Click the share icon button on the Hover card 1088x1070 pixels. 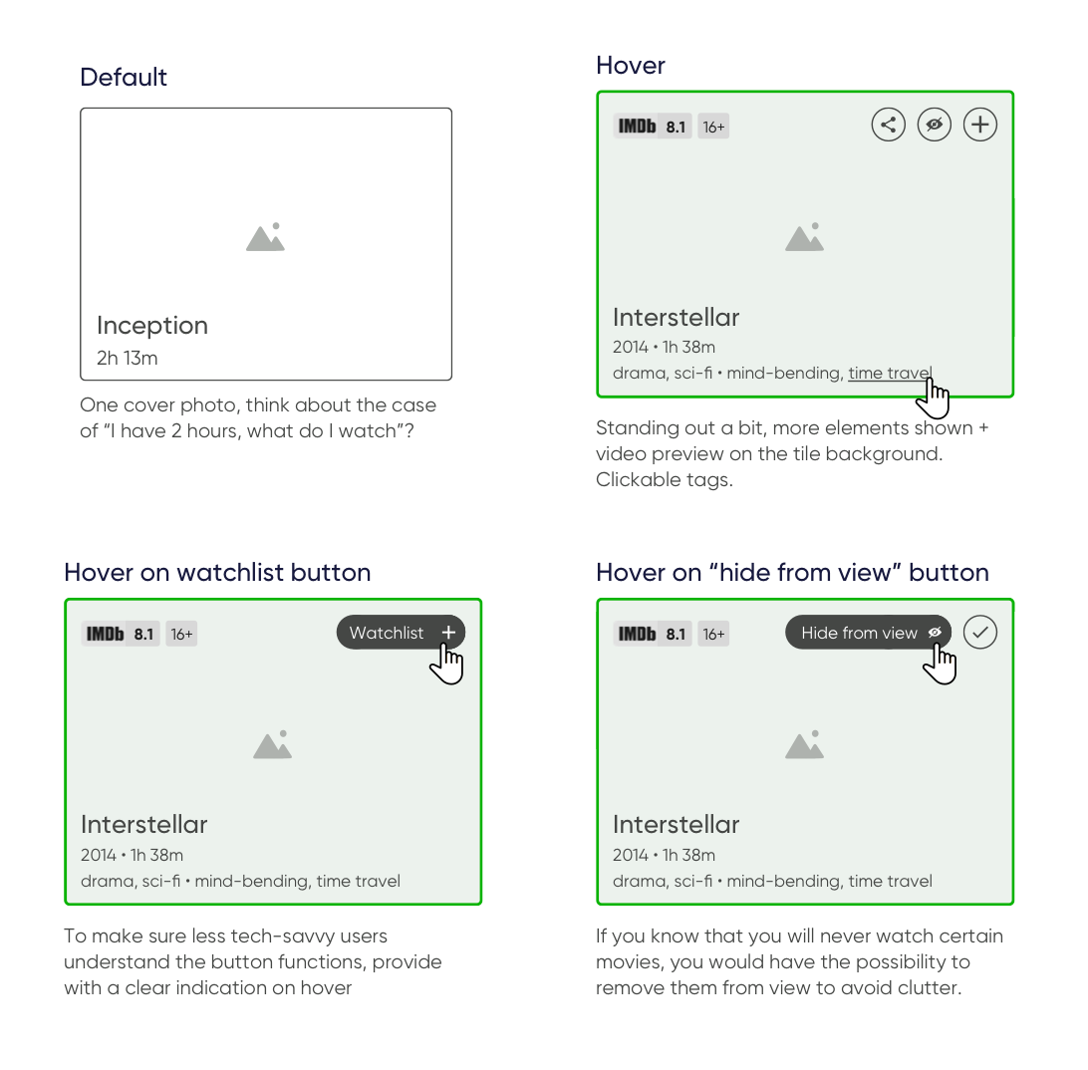pyautogui.click(x=888, y=125)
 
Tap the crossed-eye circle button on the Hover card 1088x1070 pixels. pyautogui.click(x=934, y=125)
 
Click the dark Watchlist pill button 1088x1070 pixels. pyautogui.click(x=402, y=633)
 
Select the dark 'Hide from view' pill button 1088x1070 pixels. pyautogui.click(x=868, y=633)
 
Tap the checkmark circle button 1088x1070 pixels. pyautogui.click(x=979, y=633)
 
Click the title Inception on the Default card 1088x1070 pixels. pyautogui.click(x=152, y=326)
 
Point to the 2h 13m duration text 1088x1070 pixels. pyautogui.click(x=127, y=358)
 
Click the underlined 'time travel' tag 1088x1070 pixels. pyautogui.click(x=890, y=374)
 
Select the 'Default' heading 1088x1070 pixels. pyautogui.click(x=124, y=77)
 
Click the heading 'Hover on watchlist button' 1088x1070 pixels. pyautogui.click(x=217, y=573)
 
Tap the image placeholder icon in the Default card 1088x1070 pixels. pyautogui.click(x=266, y=237)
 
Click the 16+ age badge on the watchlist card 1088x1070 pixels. pyautogui.click(x=181, y=634)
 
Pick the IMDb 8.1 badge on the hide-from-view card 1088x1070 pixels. pyautogui.click(x=653, y=634)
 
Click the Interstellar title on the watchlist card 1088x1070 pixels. pyautogui.click(x=144, y=824)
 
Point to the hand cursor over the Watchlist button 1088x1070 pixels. pyautogui.click(x=446, y=665)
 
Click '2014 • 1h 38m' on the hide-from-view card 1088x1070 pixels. pyautogui.click(x=664, y=855)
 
